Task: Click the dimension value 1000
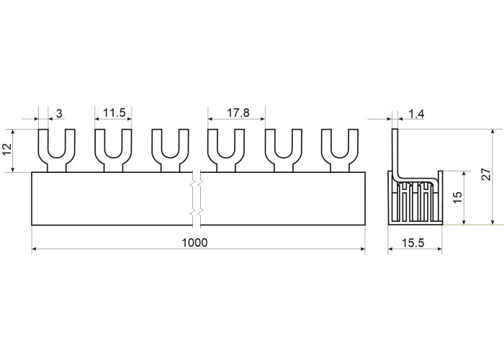(x=194, y=243)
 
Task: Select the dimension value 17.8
(x=238, y=113)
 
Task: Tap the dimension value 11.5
(x=114, y=113)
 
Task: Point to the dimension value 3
(x=59, y=113)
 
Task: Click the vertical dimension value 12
(x=7, y=150)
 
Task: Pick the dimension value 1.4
(x=415, y=113)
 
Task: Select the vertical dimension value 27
(x=487, y=174)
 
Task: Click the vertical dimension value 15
(x=456, y=197)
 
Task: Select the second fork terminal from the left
(x=113, y=150)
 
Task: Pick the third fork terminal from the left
(x=170, y=150)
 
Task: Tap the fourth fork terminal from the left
(x=226, y=150)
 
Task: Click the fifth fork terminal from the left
(x=283, y=150)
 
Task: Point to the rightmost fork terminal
(x=339, y=150)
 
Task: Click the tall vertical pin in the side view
(x=395, y=151)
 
